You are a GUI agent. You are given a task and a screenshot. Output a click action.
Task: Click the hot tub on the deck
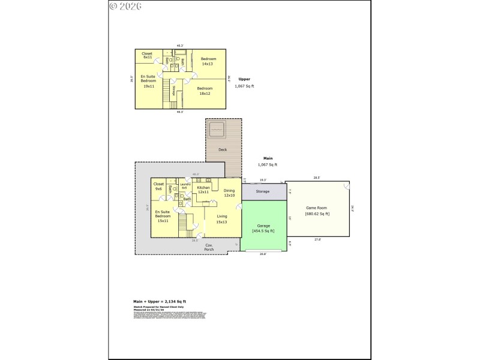[216, 128]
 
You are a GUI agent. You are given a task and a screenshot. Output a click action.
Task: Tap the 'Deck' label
[223, 149]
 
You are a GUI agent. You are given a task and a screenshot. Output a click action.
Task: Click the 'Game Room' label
[317, 208]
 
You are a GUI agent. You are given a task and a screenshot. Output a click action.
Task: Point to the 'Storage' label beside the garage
[262, 192]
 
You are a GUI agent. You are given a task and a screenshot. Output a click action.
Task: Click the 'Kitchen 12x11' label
[203, 190]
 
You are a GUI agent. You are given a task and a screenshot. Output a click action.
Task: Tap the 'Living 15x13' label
[221, 219]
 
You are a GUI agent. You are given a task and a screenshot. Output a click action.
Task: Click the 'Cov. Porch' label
[209, 247]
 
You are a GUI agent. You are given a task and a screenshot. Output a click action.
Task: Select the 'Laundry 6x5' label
[185, 186]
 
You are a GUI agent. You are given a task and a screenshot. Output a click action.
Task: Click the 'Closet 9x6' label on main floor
[159, 186]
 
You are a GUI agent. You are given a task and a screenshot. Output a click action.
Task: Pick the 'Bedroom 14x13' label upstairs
[208, 61]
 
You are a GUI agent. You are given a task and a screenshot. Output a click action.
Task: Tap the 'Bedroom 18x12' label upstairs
[205, 91]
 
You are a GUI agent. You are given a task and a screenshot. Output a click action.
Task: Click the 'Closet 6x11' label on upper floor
[147, 55]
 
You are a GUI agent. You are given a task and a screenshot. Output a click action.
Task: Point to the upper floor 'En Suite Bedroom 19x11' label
[148, 81]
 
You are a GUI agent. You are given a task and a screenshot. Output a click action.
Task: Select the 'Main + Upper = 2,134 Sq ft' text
[160, 301]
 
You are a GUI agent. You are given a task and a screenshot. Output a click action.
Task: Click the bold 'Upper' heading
[244, 79]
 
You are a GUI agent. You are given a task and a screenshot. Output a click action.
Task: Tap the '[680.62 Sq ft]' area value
[317, 214]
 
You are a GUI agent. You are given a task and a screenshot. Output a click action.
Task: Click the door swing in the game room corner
[346, 187]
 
